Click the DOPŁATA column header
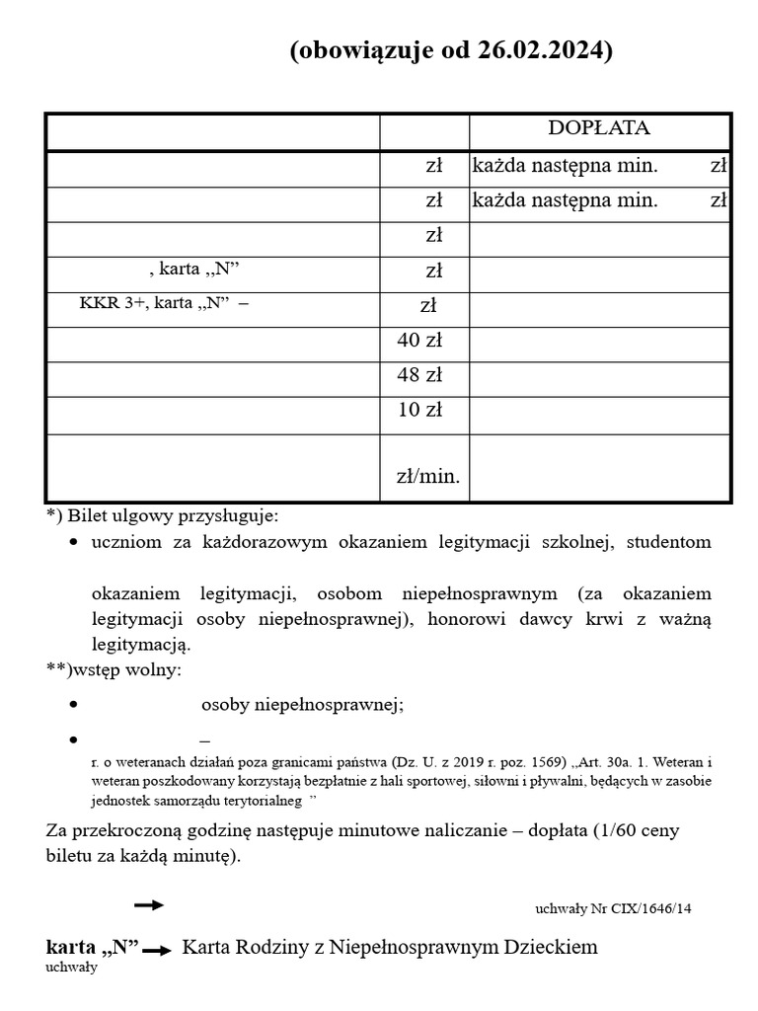(599, 128)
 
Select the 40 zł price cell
(419, 341)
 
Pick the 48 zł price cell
(419, 375)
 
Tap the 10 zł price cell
(419, 410)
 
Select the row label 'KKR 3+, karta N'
(163, 303)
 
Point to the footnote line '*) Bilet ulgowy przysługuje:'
(163, 515)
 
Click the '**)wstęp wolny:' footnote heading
(114, 669)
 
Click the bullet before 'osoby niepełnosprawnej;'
(74, 705)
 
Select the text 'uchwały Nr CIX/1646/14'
(613, 908)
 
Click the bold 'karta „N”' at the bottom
(93, 947)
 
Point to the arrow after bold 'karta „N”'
(157, 951)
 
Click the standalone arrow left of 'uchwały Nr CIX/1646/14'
(149, 904)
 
